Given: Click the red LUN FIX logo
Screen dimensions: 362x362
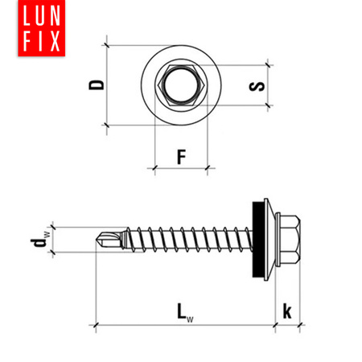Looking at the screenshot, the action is (42, 28).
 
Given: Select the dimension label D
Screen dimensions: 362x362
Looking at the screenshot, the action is (97, 84).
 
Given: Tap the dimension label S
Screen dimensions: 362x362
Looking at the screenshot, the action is (257, 86).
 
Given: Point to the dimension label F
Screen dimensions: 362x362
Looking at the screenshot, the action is (182, 157).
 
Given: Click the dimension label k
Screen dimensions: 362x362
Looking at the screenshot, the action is (287, 311).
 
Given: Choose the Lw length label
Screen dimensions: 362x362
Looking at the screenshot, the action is (185, 312).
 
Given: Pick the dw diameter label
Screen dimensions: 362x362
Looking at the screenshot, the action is (40, 240).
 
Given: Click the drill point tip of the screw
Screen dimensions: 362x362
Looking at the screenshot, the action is (97, 240).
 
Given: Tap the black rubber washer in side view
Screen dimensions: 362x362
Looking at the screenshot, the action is (258, 240).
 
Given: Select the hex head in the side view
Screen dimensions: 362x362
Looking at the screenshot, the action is (288, 240).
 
